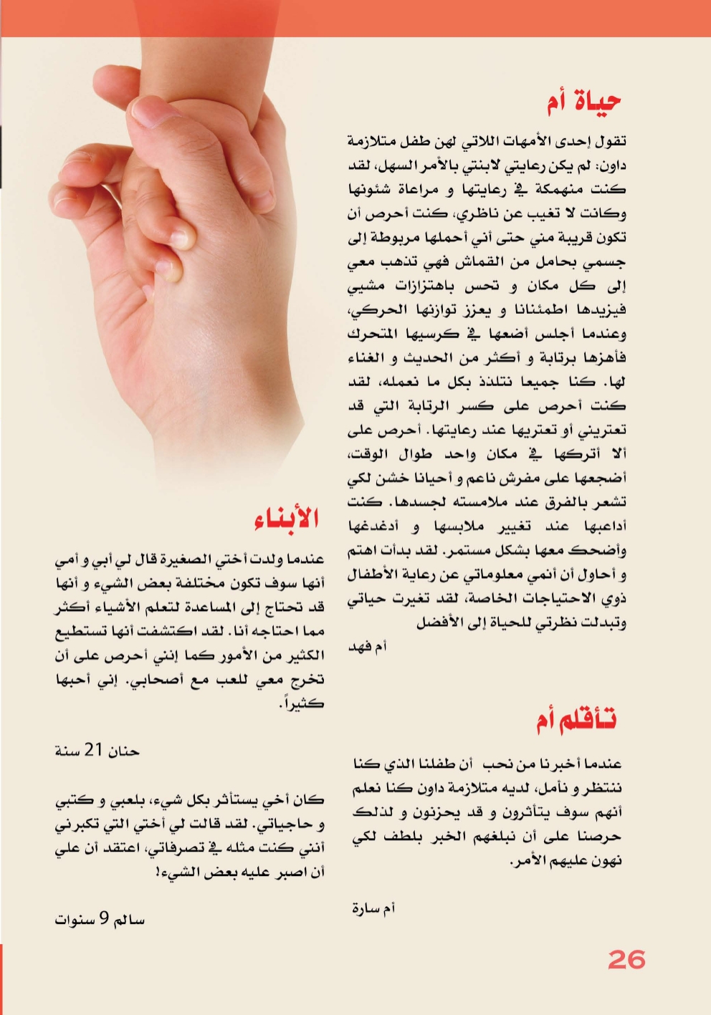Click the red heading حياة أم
coord(583,102)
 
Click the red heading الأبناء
coord(285,517)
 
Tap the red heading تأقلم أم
coord(576,719)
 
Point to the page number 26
coord(626,959)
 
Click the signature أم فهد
coord(367,646)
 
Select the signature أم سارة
coord(373,908)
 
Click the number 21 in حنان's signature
coord(94,750)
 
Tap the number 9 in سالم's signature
coord(105,918)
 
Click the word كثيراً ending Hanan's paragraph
coord(302,703)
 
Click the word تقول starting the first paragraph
coord(610,140)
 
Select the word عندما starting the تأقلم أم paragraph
coord(601,764)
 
